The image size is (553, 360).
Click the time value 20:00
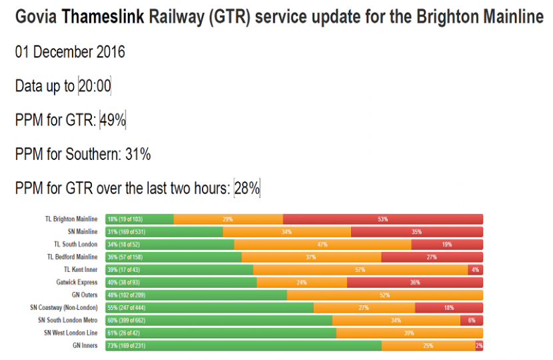95,86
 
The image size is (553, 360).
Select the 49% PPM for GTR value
113,120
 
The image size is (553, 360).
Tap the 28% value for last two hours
247,189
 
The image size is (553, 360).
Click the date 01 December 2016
70,52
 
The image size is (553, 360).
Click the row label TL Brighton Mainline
71,219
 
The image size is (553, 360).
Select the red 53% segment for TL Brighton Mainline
382,219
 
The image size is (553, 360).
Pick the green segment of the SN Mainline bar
164,232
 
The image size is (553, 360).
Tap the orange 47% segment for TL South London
322,245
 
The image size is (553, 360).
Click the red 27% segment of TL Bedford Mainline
432,257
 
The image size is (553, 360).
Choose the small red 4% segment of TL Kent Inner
476,270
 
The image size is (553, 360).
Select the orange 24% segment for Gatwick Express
302,283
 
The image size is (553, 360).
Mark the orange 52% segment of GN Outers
384,295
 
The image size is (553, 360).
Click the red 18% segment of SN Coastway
448,308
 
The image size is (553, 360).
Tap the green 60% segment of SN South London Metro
219,321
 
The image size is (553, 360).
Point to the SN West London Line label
71,333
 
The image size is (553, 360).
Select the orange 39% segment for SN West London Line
409,333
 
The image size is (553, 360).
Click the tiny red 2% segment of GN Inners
479,345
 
